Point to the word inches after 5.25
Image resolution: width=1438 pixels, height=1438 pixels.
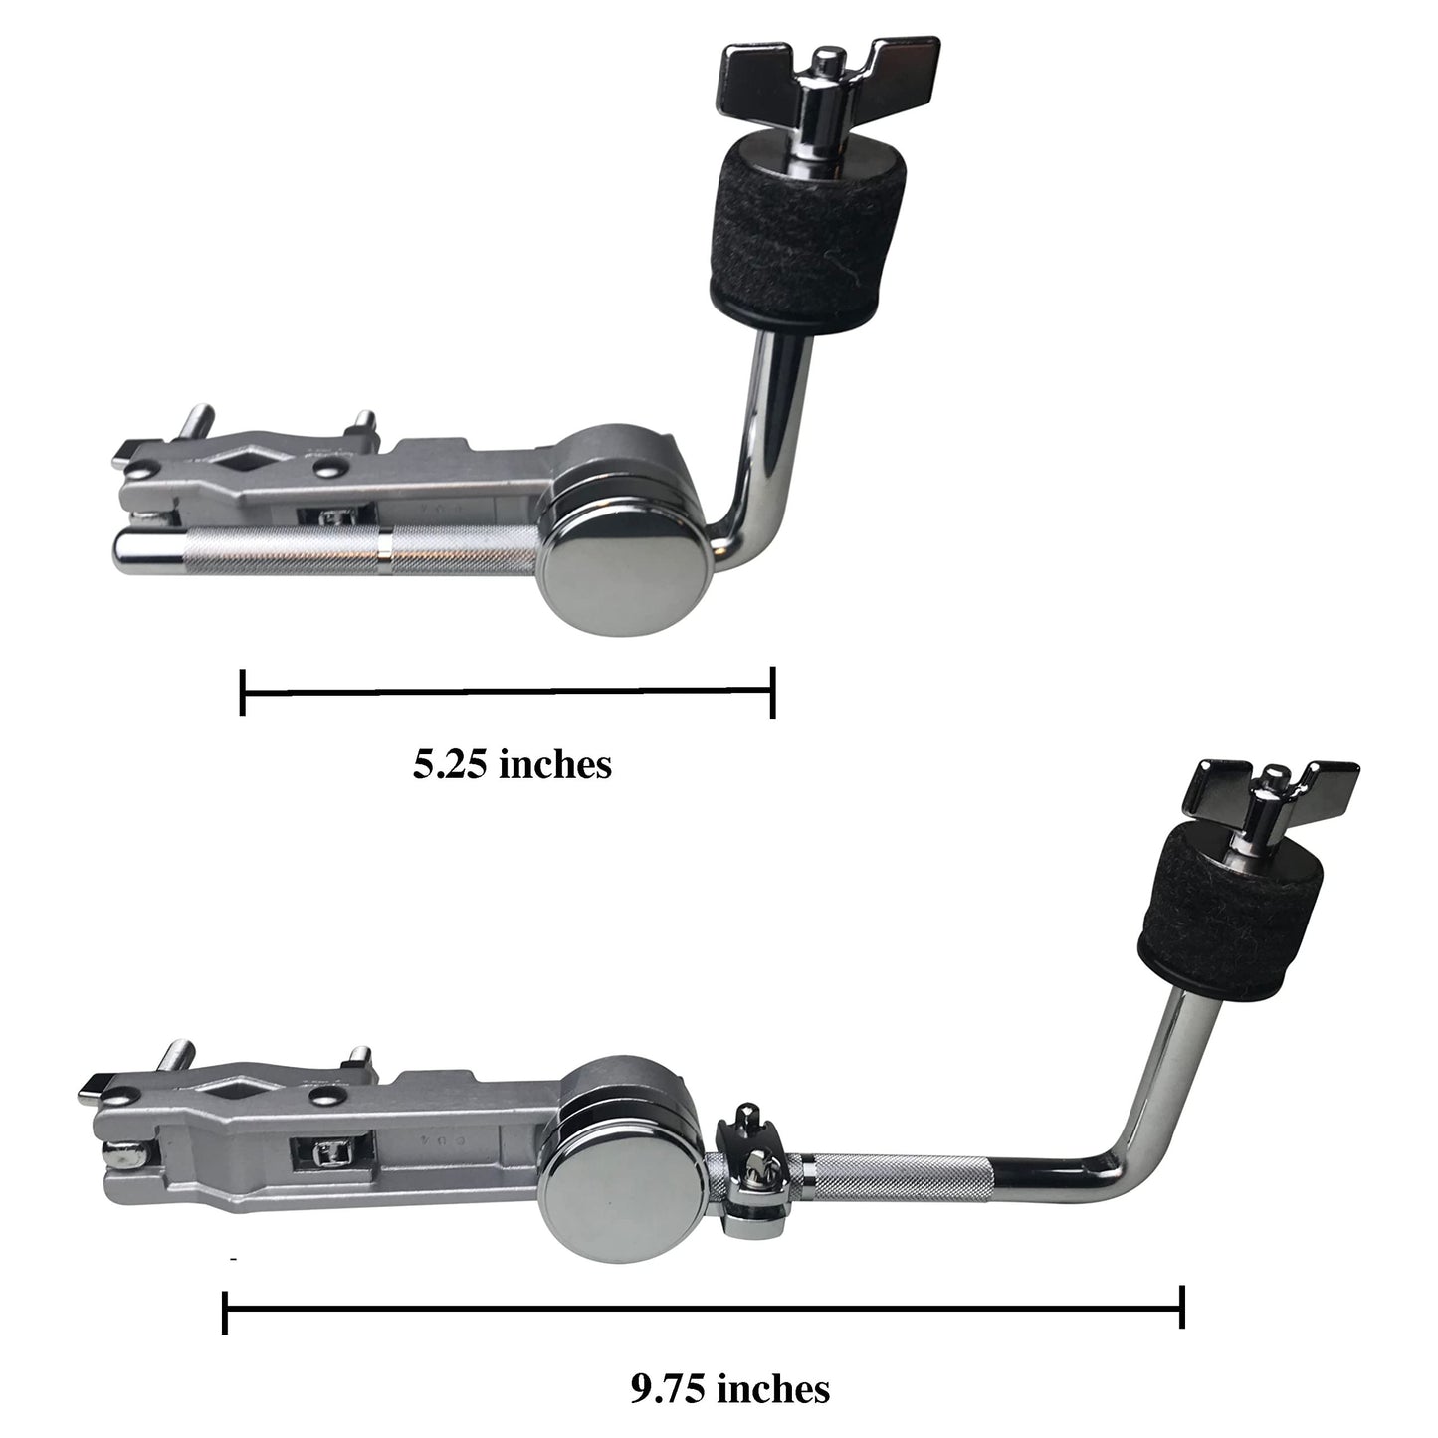point(555,764)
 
